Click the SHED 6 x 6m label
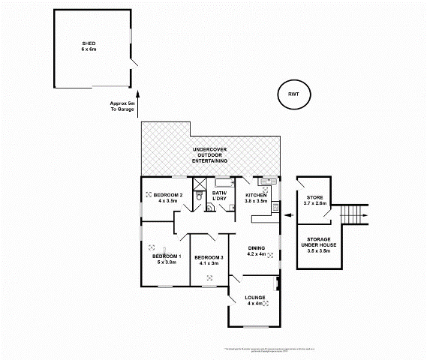(x=89, y=46)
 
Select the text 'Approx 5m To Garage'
(x=122, y=106)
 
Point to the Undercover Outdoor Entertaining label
(x=210, y=154)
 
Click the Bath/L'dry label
(x=220, y=196)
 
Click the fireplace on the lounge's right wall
(x=278, y=283)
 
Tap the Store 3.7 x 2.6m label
(x=314, y=199)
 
